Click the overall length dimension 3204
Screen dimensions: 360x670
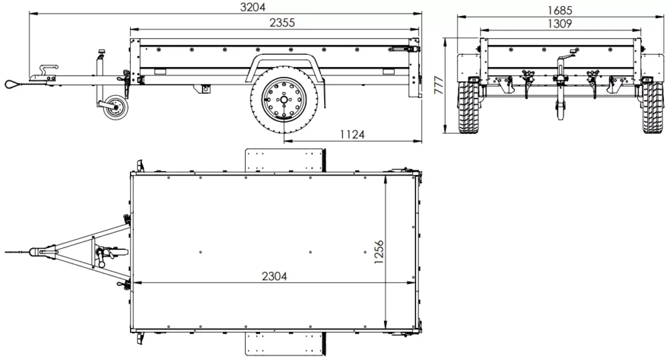click(253, 7)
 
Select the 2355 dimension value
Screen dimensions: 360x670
click(282, 22)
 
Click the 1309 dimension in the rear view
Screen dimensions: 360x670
click(558, 23)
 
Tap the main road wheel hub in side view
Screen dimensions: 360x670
click(284, 101)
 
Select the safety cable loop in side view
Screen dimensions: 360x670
click(14, 84)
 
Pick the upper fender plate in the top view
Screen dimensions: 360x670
click(284, 160)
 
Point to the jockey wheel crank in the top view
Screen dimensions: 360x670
click(103, 257)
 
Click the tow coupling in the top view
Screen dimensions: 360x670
click(44, 252)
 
